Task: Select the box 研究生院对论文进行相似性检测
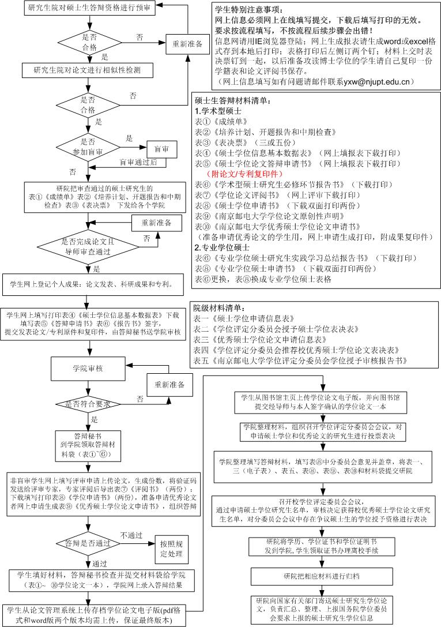(x=87, y=70)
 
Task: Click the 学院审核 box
(x=88, y=368)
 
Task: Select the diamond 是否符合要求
(x=88, y=403)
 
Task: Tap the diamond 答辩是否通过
(x=88, y=543)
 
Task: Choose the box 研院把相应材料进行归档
(x=321, y=577)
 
